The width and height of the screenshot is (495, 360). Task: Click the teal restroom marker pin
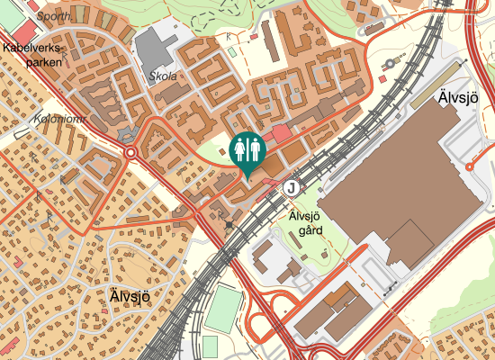pyautogui.click(x=247, y=151)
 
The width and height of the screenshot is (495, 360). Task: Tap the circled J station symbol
pyautogui.click(x=292, y=188)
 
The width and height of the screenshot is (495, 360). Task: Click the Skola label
pyautogui.click(x=165, y=76)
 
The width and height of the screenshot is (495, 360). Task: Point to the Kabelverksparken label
pyautogui.click(x=31, y=55)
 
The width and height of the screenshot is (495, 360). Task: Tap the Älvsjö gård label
pyautogui.click(x=305, y=222)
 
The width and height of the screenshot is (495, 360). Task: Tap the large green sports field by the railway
pyautogui.click(x=223, y=308)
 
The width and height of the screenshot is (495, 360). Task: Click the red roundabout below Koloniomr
pyautogui.click(x=131, y=153)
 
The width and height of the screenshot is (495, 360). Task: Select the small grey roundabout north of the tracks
pyautogui.click(x=391, y=63)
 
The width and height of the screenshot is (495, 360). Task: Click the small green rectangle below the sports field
pyautogui.click(x=210, y=346)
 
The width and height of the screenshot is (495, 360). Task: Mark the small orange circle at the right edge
pyautogui.click(x=471, y=166)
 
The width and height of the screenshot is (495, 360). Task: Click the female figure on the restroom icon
pyautogui.click(x=240, y=148)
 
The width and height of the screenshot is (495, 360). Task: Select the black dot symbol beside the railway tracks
pyautogui.click(x=230, y=223)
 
